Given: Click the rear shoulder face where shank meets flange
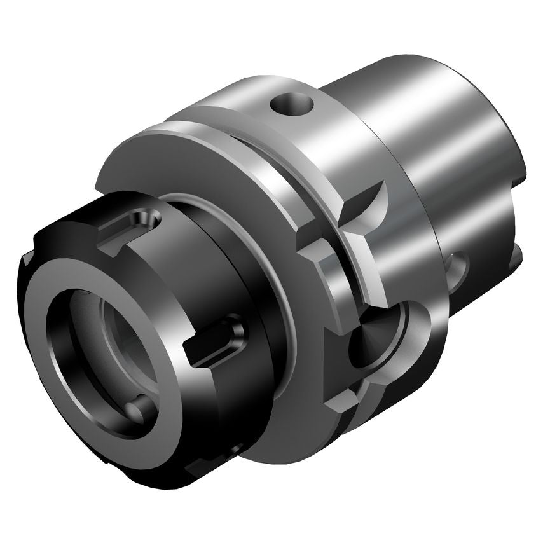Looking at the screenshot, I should pyautogui.click(x=420, y=254).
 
